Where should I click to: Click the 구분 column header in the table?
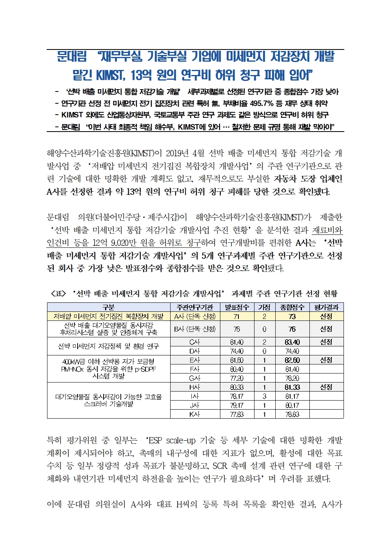108,307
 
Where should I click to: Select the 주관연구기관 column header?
195,307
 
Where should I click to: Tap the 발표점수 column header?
237,307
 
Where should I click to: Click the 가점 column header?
264,307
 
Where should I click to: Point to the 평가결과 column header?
326,307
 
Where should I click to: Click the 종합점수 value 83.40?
292,342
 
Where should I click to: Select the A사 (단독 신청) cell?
195,316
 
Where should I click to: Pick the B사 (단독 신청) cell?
195,329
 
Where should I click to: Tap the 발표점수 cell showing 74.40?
237,351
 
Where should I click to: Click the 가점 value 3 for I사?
264,396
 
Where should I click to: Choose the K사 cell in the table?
195,414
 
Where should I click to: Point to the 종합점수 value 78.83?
292,414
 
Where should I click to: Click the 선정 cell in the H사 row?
326,387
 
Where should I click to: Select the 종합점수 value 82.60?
292,360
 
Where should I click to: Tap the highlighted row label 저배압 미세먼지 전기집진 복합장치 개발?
108,316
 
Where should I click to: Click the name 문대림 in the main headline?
72,57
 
